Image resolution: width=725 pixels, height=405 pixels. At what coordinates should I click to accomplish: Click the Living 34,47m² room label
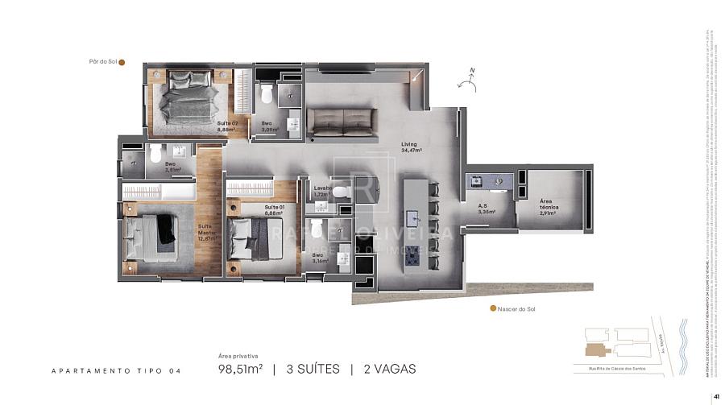click(412, 147)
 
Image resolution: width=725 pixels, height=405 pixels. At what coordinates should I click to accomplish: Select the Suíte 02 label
click(226, 126)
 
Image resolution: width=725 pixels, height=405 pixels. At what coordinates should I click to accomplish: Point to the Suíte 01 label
click(275, 209)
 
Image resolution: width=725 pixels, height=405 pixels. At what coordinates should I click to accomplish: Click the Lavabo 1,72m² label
click(324, 191)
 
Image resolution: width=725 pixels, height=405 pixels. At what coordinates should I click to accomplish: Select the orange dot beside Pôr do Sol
click(122, 61)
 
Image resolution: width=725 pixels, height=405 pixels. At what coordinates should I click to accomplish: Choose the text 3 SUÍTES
click(305, 370)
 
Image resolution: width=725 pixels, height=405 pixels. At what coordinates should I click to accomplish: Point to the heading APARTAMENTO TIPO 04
click(116, 371)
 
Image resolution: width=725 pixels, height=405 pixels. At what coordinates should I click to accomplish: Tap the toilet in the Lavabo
click(342, 191)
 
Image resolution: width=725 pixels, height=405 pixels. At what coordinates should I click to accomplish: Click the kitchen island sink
click(413, 217)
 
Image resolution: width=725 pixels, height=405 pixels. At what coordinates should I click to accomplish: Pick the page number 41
click(715, 396)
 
